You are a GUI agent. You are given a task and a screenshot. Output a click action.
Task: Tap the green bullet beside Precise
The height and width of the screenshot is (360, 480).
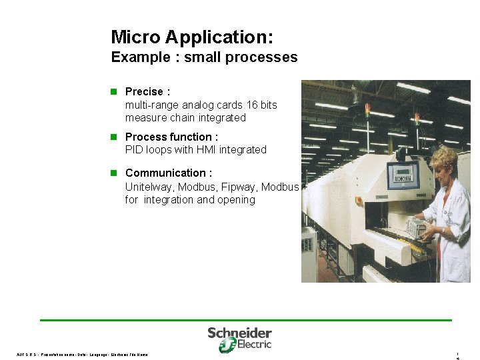114,91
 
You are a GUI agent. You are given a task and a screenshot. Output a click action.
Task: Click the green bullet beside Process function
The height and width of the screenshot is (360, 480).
114,137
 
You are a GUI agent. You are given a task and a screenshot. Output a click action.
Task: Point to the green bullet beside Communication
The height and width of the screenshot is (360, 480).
114,173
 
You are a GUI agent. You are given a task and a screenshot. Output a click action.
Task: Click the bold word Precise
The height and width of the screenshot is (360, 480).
144,92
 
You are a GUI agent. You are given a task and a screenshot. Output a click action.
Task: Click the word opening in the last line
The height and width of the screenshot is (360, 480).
235,200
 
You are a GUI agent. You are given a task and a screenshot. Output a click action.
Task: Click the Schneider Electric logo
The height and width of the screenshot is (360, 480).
239,339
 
